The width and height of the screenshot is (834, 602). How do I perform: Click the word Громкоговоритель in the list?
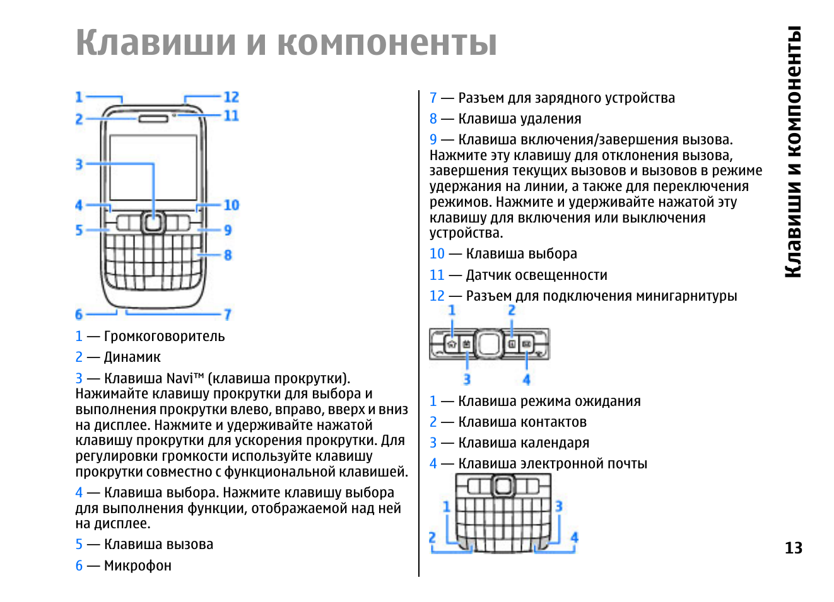[x=164, y=337]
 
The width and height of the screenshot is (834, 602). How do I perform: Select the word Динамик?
[x=132, y=357]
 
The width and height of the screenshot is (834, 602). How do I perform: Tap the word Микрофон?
[x=138, y=566]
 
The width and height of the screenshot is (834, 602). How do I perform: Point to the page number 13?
[x=793, y=548]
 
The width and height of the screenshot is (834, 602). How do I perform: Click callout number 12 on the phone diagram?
[x=231, y=97]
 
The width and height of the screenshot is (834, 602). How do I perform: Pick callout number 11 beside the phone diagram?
[x=231, y=116]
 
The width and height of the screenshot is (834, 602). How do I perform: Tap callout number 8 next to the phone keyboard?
[x=228, y=255]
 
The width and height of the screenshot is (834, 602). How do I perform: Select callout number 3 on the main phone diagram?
[x=79, y=165]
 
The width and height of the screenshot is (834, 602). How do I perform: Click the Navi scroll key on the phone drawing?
[x=152, y=222]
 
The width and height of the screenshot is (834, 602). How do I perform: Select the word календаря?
[x=556, y=443]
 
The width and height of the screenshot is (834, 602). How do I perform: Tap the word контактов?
[x=555, y=422]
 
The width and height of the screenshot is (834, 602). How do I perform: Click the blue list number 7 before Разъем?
[x=433, y=98]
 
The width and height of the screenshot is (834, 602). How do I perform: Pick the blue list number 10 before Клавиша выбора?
[x=437, y=254]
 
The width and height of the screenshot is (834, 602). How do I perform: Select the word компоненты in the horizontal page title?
[x=387, y=43]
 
